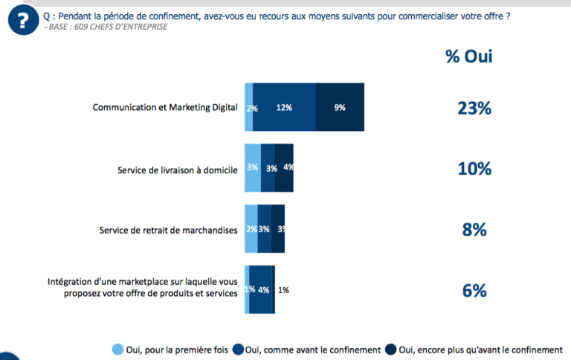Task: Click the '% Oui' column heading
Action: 469,57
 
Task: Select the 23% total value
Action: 474,108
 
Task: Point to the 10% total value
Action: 474,169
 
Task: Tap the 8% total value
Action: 474,230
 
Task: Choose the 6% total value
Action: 474,290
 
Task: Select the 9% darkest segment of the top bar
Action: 340,108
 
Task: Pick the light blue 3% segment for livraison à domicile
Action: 253,168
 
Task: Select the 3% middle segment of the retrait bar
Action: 264,229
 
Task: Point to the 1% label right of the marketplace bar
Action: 283,290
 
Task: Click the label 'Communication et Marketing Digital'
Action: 165,108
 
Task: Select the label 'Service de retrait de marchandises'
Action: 169,230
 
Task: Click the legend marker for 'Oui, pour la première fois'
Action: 117,350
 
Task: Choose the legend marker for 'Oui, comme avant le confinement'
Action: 238,350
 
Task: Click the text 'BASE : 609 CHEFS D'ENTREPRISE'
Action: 107,28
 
